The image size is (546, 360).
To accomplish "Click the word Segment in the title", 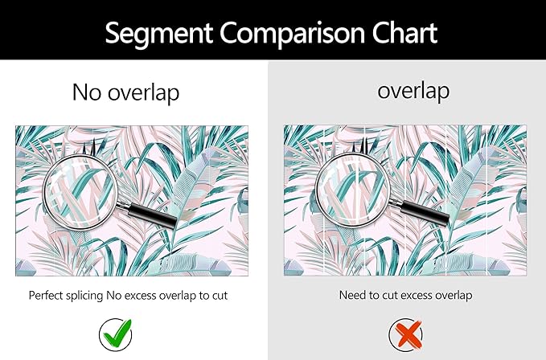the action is pos(158,34).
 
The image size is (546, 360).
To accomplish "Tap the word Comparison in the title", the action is pos(293,34).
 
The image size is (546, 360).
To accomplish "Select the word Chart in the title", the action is pos(404,32).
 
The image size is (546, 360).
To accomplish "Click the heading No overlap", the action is pos(125,93).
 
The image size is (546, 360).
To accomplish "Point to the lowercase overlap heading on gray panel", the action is pos(413,91).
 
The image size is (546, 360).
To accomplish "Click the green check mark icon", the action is pos(116,335).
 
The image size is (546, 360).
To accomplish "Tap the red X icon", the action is pos(405,335).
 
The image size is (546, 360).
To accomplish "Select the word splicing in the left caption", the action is pos(84,296).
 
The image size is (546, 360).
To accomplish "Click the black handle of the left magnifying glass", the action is pos(152,216).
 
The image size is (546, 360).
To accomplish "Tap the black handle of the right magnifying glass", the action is pos(424,214).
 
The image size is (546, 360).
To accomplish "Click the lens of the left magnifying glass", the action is pos(80,192).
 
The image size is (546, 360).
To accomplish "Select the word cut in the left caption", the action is pos(220,296).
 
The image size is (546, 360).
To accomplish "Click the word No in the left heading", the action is pos(87,92).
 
